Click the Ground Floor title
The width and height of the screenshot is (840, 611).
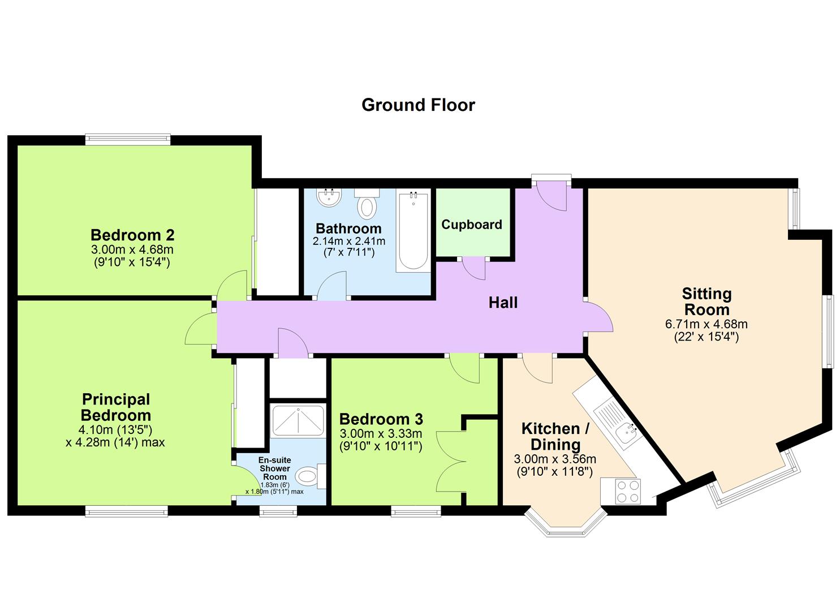[418, 105]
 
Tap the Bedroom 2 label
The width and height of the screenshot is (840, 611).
[132, 234]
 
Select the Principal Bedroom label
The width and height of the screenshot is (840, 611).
[115, 407]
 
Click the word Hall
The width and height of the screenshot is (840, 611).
[503, 303]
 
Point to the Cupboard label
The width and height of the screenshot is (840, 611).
[472, 225]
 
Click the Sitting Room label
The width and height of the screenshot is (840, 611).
[707, 302]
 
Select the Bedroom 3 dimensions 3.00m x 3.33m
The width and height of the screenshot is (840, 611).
[381, 434]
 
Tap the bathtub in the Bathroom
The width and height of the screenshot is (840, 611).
[412, 232]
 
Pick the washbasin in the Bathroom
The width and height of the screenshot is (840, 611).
[329, 197]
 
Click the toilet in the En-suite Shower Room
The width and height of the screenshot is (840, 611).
[309, 476]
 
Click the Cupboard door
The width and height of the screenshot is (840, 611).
[472, 268]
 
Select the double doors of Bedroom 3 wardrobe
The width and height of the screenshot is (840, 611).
[451, 462]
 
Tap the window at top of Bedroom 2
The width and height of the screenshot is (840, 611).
[128, 139]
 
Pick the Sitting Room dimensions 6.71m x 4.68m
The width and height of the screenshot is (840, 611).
[707, 324]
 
